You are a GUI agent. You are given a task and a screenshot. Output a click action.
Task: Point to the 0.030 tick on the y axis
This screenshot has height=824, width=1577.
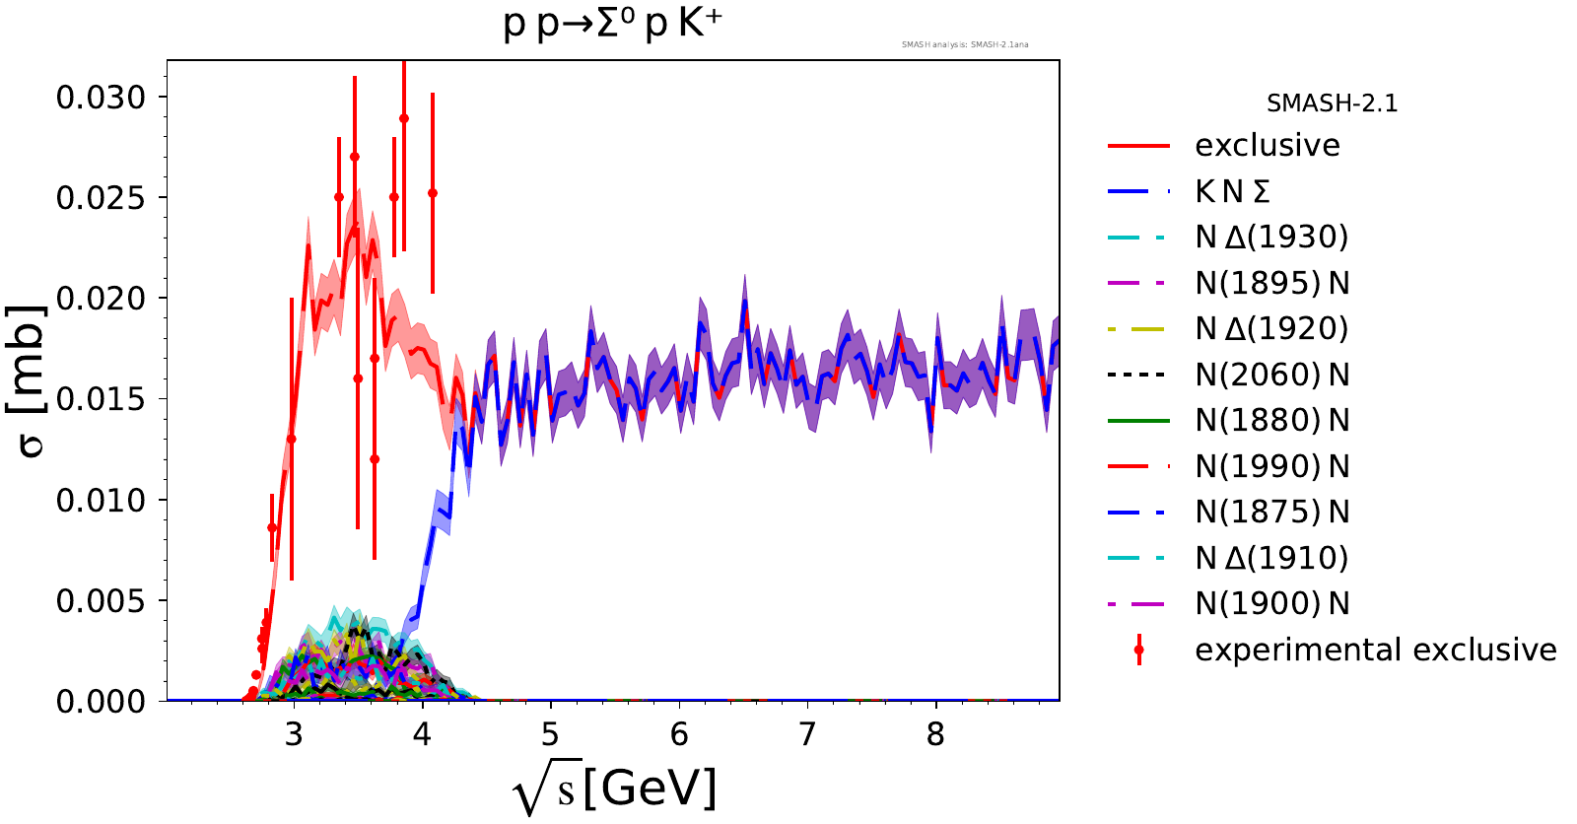point(101,98)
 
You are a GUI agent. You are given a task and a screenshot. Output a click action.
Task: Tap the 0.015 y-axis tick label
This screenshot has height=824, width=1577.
point(101,399)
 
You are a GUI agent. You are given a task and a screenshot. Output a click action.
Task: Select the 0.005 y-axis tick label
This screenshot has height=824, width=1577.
point(101,601)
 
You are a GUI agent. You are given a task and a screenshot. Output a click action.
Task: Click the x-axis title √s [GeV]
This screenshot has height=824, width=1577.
point(615,789)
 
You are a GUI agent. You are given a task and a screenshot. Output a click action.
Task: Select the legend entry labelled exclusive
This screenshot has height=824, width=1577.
point(1267,146)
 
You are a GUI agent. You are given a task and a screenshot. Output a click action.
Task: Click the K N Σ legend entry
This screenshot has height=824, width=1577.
point(1232,191)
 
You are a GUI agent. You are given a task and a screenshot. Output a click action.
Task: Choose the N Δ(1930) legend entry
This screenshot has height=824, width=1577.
point(1271,238)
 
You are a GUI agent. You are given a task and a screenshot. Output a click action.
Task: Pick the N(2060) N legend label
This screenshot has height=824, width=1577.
point(1271,375)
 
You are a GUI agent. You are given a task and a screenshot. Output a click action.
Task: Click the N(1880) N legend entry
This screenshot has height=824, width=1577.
point(1271,421)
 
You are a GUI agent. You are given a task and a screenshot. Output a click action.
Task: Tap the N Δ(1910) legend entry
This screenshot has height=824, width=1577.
point(1271,558)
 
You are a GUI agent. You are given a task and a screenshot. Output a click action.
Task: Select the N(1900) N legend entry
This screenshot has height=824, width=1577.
point(1271,603)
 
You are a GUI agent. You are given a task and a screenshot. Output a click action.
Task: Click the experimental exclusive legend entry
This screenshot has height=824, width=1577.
point(1375,650)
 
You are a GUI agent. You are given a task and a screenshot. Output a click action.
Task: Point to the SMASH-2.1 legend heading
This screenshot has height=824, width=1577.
point(1332,103)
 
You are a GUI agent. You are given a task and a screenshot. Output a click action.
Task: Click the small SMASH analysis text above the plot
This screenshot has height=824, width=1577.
point(965,44)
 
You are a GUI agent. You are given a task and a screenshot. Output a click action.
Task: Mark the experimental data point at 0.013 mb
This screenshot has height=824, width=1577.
point(292,439)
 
